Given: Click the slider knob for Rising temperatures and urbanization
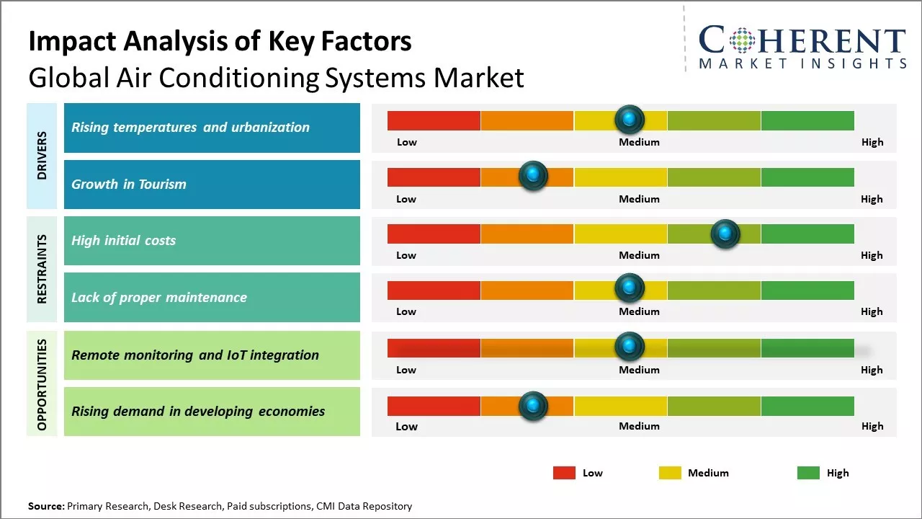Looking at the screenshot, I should click(630, 119).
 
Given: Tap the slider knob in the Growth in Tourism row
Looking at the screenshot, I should click(533, 176).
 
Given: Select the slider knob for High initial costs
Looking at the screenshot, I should click(725, 234).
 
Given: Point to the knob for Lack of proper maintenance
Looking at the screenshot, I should click(630, 288).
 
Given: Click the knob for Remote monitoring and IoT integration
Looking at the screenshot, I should click(630, 347).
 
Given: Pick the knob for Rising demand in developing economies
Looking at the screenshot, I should click(533, 407).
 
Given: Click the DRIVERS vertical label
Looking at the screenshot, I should click(42, 156).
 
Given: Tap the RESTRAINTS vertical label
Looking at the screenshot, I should click(42, 269).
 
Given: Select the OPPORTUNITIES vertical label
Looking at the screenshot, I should click(42, 384).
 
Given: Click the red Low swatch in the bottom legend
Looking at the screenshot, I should click(564, 473).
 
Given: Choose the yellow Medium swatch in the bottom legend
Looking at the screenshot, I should click(670, 473).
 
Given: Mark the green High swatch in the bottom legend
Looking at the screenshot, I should click(808, 473).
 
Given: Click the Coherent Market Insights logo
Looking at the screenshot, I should click(802, 46).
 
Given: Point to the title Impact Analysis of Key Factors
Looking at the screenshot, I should click(220, 41).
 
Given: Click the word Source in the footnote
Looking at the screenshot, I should click(45, 507).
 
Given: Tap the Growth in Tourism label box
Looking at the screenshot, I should click(212, 185).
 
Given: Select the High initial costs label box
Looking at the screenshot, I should click(212, 241).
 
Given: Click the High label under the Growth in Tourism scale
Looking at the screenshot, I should click(872, 199).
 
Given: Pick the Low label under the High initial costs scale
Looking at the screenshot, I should click(406, 255).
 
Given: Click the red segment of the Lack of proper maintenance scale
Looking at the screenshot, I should click(434, 290).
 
